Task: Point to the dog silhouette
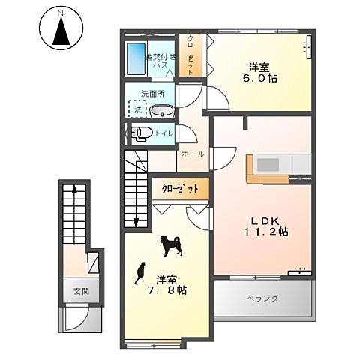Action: coord(169,244)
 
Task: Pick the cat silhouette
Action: coord(139,274)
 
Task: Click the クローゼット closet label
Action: coord(181,189)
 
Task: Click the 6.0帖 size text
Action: coord(260,76)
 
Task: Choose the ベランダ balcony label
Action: coord(262,298)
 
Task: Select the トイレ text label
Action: coord(165,133)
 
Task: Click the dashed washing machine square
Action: coord(137,109)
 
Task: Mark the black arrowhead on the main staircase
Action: coord(136,221)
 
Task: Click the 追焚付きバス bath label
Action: coord(161,58)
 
